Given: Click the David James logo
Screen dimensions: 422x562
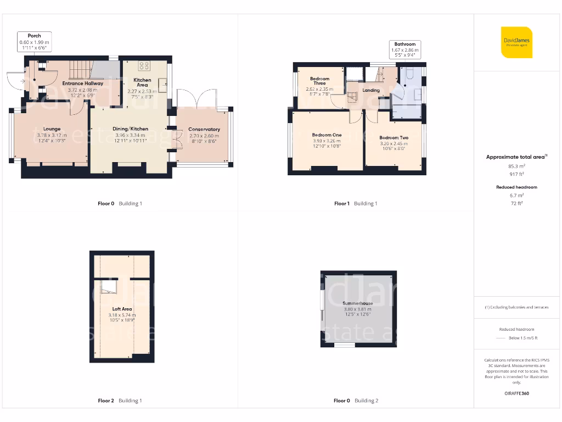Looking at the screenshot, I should [x=516, y=42].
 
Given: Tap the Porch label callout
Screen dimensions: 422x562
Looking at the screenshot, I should [x=35, y=42].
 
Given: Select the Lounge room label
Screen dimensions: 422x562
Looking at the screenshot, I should [x=52, y=129].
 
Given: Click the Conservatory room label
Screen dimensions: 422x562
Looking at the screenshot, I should [x=204, y=130].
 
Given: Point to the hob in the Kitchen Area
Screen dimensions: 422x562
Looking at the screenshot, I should [x=145, y=66].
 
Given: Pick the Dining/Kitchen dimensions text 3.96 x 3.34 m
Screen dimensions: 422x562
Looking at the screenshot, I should [x=130, y=135].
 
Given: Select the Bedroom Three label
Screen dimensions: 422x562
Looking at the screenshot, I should [x=319, y=81].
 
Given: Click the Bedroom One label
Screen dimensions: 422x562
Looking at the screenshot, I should [x=327, y=135].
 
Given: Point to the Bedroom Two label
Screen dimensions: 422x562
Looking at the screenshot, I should [x=394, y=138].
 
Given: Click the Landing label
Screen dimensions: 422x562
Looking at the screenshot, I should [x=371, y=90].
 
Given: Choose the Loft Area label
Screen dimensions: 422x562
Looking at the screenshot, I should [x=122, y=309].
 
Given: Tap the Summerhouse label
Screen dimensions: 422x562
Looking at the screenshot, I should [x=357, y=303].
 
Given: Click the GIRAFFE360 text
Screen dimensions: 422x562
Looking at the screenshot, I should [x=516, y=393].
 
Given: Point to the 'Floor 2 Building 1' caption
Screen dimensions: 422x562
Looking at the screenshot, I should [x=120, y=401].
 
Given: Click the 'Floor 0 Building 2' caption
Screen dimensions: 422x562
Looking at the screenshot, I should [x=356, y=401].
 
